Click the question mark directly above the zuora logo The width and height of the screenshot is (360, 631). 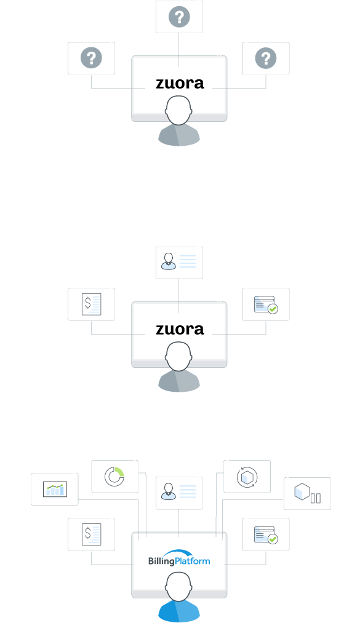point(179,17)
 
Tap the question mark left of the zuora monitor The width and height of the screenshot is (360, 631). point(92,58)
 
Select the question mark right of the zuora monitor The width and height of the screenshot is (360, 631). point(266,58)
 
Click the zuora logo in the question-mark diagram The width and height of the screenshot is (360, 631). point(180,83)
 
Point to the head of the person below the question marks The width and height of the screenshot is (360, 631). point(179,110)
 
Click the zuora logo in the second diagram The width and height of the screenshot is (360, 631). point(180,329)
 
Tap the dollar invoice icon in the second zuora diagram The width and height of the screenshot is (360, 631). point(92,304)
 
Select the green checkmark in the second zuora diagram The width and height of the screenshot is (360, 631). point(273,309)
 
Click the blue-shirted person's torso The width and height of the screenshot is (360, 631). point(179,612)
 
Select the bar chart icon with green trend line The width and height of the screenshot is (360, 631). point(55,490)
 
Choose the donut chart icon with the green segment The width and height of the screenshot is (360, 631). point(114,477)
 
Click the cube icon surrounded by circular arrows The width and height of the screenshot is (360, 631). point(247,477)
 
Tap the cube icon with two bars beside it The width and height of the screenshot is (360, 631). point(308,493)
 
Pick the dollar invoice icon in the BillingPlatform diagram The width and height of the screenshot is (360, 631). point(92,534)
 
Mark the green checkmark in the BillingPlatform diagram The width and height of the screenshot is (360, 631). point(273,539)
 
